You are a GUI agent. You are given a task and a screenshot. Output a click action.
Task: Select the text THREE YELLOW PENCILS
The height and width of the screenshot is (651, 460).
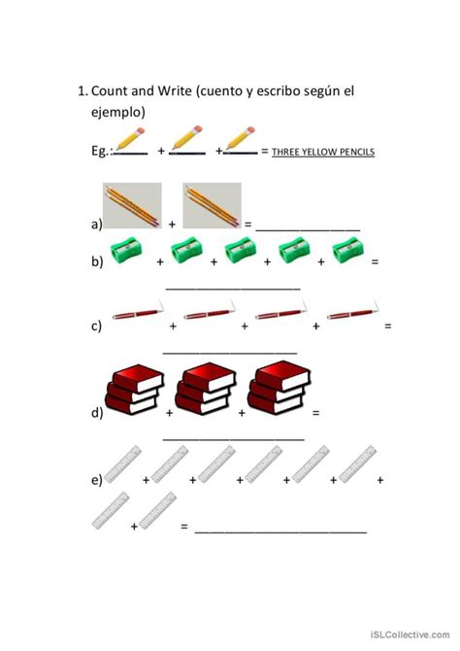pyautogui.click(x=323, y=152)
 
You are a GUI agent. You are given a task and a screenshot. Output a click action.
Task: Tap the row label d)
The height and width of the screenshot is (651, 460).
pyautogui.click(x=96, y=413)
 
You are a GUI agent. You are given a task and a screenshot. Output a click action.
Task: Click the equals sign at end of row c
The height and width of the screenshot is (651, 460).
pyautogui.click(x=387, y=325)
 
